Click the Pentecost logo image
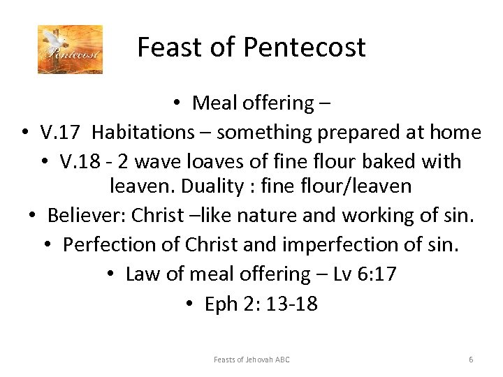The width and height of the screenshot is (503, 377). pos(70,49)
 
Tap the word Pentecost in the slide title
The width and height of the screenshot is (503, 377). pos(305,47)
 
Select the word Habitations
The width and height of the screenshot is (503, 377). pos(140,132)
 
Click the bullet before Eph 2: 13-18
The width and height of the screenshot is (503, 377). pos(190,304)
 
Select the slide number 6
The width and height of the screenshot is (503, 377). pos(471,360)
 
